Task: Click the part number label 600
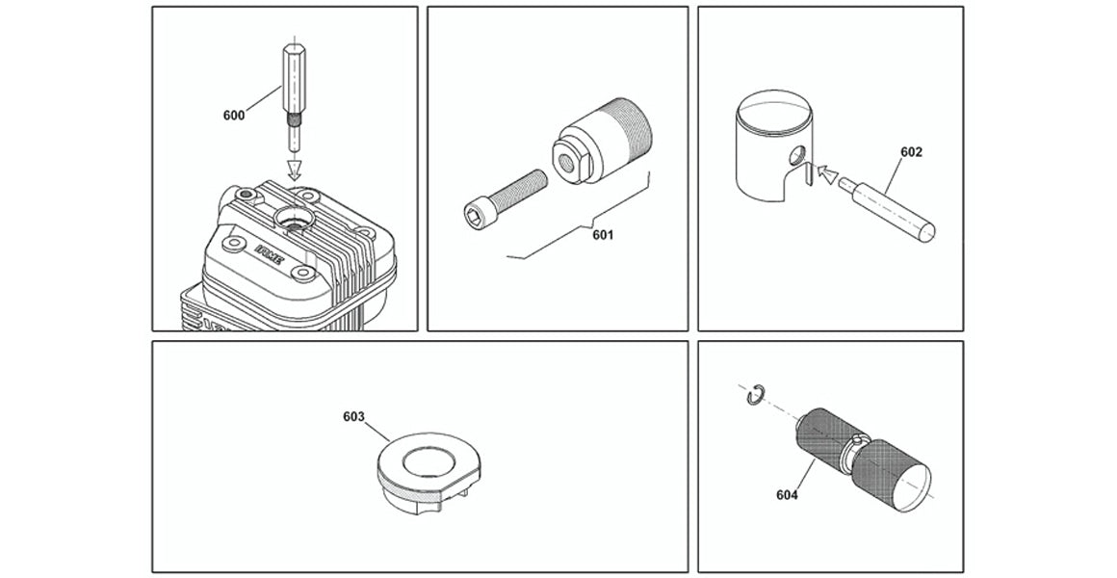coord(234,116)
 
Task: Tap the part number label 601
coord(603,235)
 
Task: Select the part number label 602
coord(911,152)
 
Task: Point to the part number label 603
coord(353,417)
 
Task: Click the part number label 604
coord(787,494)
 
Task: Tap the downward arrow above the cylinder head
coord(295,171)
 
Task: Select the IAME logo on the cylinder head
coord(269,255)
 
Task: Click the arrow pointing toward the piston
coord(827,172)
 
